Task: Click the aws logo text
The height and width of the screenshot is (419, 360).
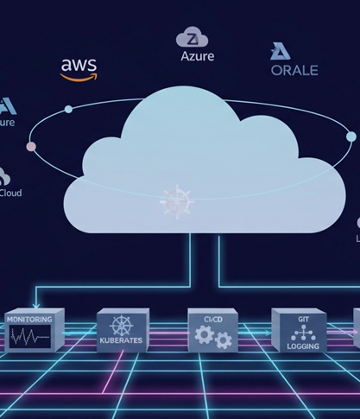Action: [79, 65]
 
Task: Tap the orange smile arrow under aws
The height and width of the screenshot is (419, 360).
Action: [79, 76]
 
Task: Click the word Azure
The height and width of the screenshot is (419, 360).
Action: [197, 56]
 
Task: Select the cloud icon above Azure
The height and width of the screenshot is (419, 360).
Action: [193, 38]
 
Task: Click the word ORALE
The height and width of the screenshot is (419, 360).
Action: [294, 71]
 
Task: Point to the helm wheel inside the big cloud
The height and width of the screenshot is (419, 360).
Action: [175, 200]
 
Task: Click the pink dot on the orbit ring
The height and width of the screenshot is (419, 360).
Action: [32, 147]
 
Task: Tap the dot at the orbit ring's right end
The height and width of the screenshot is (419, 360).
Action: [351, 136]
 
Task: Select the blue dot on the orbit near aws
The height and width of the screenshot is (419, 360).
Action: [68, 109]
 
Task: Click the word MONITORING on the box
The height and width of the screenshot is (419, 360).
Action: [30, 319]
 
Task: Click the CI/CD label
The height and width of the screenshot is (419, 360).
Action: [212, 320]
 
